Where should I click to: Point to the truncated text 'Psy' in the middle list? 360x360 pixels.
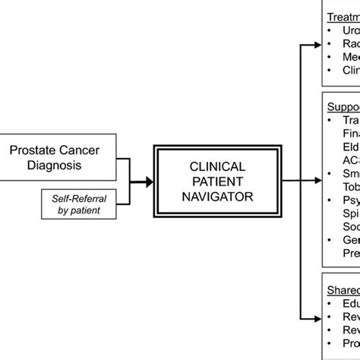pos(351,201)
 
